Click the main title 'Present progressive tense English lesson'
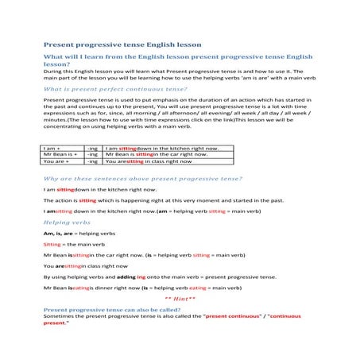[x=122, y=45]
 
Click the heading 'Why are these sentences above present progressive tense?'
[x=143, y=179]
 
